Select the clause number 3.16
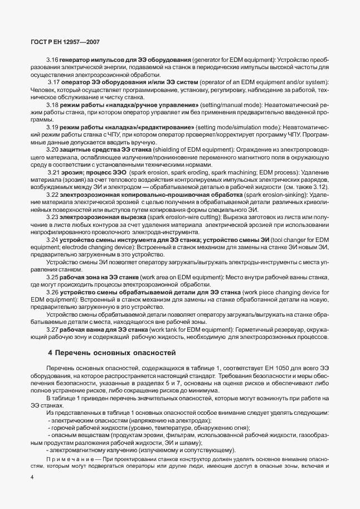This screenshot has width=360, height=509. (x=52, y=59)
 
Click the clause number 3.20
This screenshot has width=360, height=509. (x=52, y=151)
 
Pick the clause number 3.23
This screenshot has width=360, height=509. (x=52, y=216)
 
